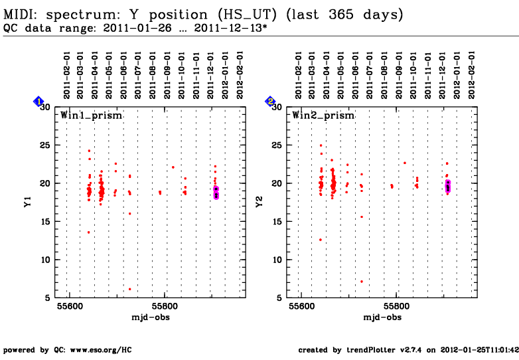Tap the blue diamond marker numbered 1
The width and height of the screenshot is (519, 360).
[39, 102]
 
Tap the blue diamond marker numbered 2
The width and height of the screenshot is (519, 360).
[271, 102]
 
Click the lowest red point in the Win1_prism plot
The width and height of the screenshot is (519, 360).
[130, 289]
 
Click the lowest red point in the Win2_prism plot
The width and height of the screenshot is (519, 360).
[362, 282]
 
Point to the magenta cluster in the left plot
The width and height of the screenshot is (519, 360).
[216, 192]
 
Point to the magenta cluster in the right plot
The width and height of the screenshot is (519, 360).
[448, 186]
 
